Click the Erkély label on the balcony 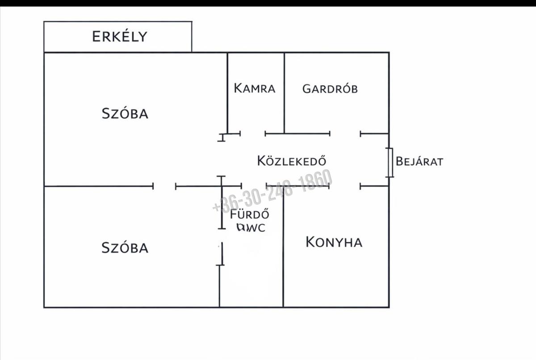point(119,36)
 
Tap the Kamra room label point(255,88)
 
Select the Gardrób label point(330,88)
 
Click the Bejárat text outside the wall point(419,161)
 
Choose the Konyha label point(334,242)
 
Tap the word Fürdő point(249,213)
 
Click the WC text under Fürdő point(256,228)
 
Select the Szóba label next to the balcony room point(125,113)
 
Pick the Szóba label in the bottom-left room point(125,247)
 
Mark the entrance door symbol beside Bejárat point(389,162)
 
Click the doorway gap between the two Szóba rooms point(164,186)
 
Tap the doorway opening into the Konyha point(344,186)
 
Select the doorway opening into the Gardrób point(345,133)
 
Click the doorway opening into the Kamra point(252,133)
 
